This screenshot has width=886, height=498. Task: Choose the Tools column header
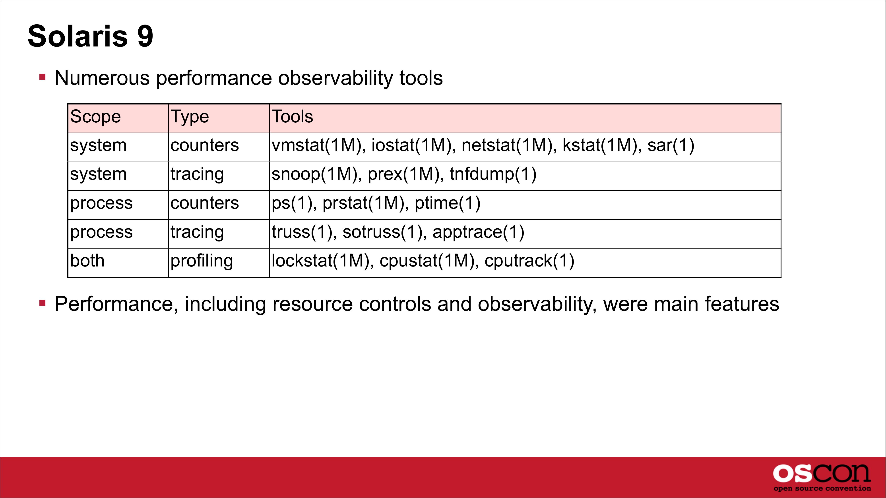[292, 116]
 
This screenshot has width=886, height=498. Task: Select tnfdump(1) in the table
[493, 174]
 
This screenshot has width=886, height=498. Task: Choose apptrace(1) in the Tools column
[478, 232]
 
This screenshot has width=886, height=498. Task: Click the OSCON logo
[822, 477]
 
